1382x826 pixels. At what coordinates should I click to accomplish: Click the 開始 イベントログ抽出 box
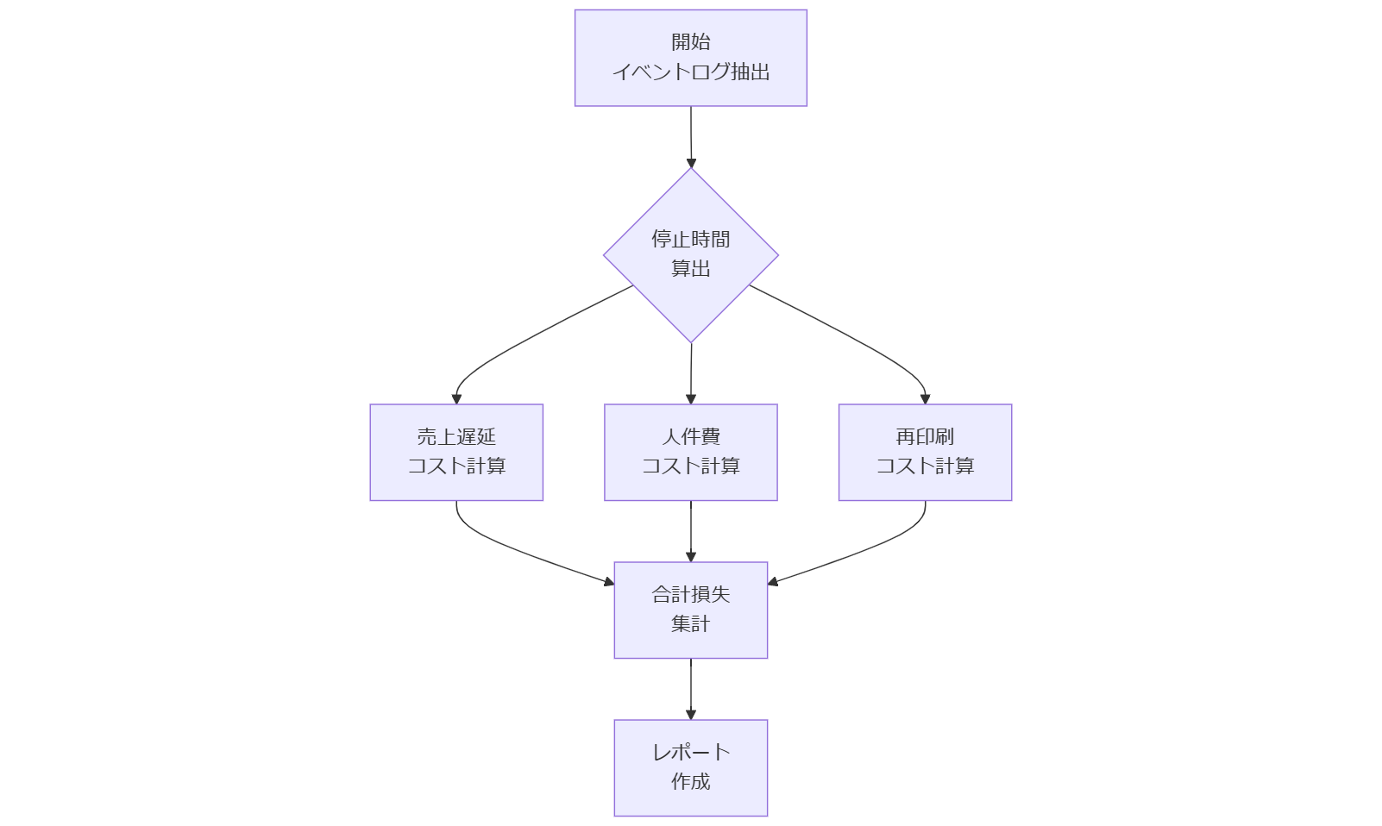point(690,58)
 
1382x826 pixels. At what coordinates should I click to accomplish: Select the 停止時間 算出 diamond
point(690,255)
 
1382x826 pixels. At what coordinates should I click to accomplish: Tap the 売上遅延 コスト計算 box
point(456,452)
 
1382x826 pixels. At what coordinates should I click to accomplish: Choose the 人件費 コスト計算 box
point(690,452)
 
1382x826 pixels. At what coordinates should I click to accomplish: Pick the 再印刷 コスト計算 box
point(925,452)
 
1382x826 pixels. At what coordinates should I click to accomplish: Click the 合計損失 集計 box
point(690,610)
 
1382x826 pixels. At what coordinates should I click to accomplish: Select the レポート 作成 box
point(690,767)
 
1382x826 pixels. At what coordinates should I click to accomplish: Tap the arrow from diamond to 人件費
point(691,372)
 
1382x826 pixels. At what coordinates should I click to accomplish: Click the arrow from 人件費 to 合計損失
point(691,530)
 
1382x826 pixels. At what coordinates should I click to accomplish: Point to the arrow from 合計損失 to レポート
point(691,688)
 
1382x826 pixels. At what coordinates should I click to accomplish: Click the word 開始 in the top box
point(690,42)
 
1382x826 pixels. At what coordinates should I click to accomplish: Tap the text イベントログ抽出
point(690,72)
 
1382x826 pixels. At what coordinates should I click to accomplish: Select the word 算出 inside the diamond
point(690,270)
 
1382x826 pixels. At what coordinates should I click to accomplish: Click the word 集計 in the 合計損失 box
point(690,624)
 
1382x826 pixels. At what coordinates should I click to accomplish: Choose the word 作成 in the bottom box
point(690,782)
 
